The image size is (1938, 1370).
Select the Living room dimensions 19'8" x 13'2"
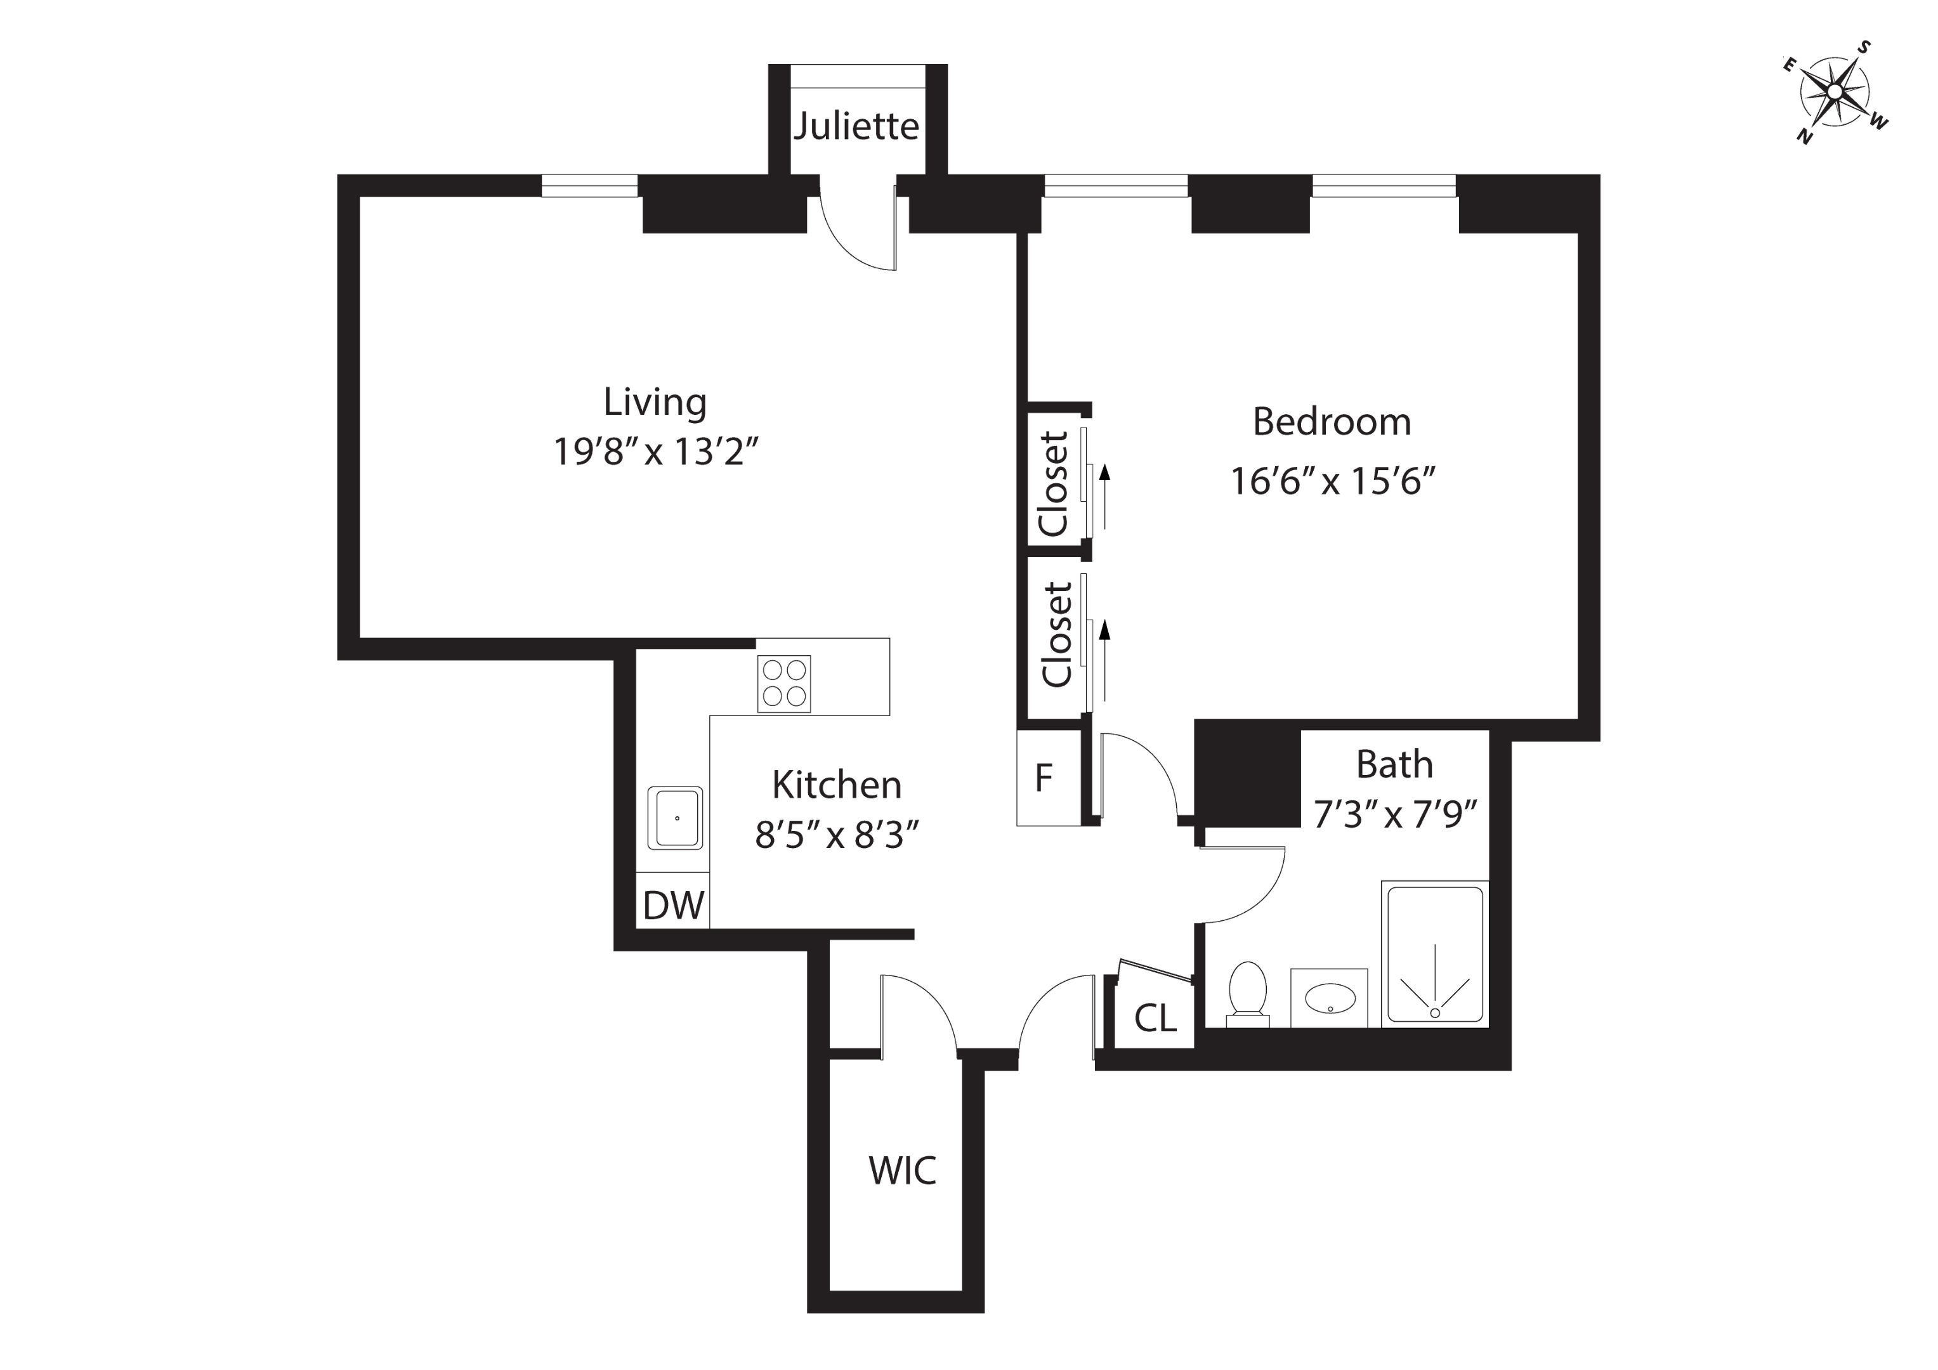[656, 452]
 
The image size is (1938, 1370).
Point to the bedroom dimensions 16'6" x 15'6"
[1332, 482]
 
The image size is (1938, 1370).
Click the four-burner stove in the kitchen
[783, 684]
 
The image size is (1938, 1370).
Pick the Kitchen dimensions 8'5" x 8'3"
[835, 837]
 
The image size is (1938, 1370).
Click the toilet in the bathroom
[1248, 995]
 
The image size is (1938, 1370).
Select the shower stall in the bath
[1435, 954]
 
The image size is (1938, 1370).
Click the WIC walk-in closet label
[901, 1171]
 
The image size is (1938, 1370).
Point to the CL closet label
[1155, 1019]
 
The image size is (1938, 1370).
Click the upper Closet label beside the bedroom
[1054, 484]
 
